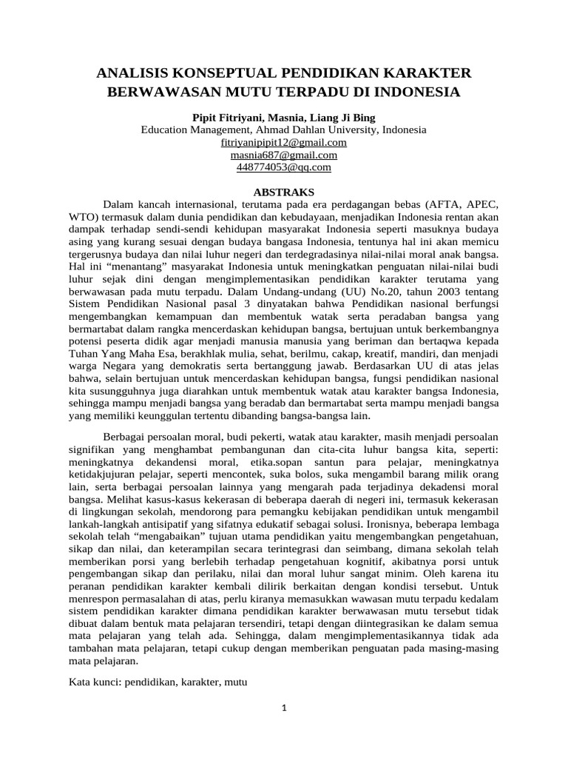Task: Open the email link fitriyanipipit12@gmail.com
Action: tap(284, 142)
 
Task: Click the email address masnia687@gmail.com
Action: tap(284, 155)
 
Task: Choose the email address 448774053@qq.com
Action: tap(284, 167)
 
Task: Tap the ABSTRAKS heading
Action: tap(284, 190)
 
